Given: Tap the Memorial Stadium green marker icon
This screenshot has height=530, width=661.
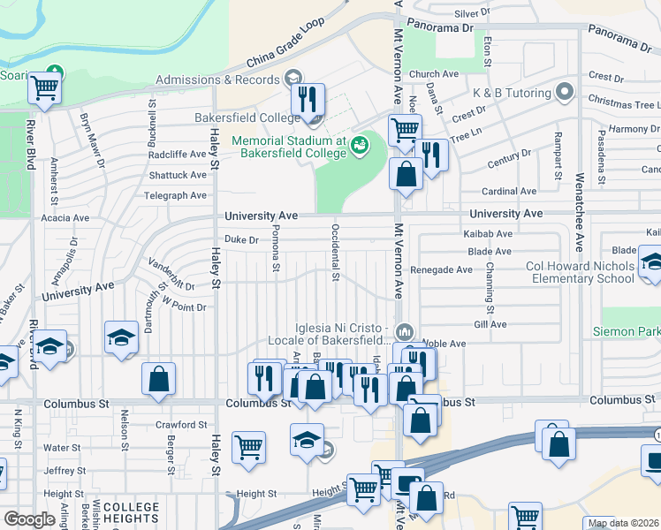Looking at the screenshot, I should tap(360, 145).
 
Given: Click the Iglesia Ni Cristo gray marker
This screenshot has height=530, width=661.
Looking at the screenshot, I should tap(405, 331).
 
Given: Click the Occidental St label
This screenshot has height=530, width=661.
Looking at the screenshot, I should tap(335, 253).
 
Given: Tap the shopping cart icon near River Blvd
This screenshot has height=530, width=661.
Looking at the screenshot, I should tap(44, 87).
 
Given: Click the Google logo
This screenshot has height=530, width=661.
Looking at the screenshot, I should tap(29, 519).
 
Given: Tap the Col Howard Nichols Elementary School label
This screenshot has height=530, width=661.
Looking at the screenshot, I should tap(583, 272).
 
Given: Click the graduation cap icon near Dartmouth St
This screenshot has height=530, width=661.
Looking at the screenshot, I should tap(121, 337).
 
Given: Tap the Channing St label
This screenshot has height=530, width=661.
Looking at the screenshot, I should tap(489, 291).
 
